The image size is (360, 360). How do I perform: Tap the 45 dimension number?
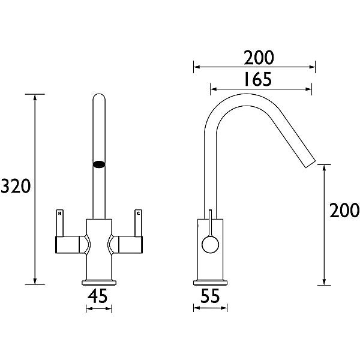[x=98, y=296]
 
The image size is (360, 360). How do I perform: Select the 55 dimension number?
[x=210, y=296]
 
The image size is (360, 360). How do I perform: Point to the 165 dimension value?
[x=259, y=79]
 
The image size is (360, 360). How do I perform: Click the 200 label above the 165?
[x=259, y=58]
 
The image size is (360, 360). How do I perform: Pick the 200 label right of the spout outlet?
[x=344, y=211]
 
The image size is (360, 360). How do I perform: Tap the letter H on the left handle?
[x=59, y=212]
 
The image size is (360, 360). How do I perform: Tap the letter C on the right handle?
[x=139, y=212]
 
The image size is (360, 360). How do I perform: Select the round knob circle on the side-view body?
[x=210, y=244]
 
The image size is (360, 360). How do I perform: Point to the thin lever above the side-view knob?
[x=210, y=223]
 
